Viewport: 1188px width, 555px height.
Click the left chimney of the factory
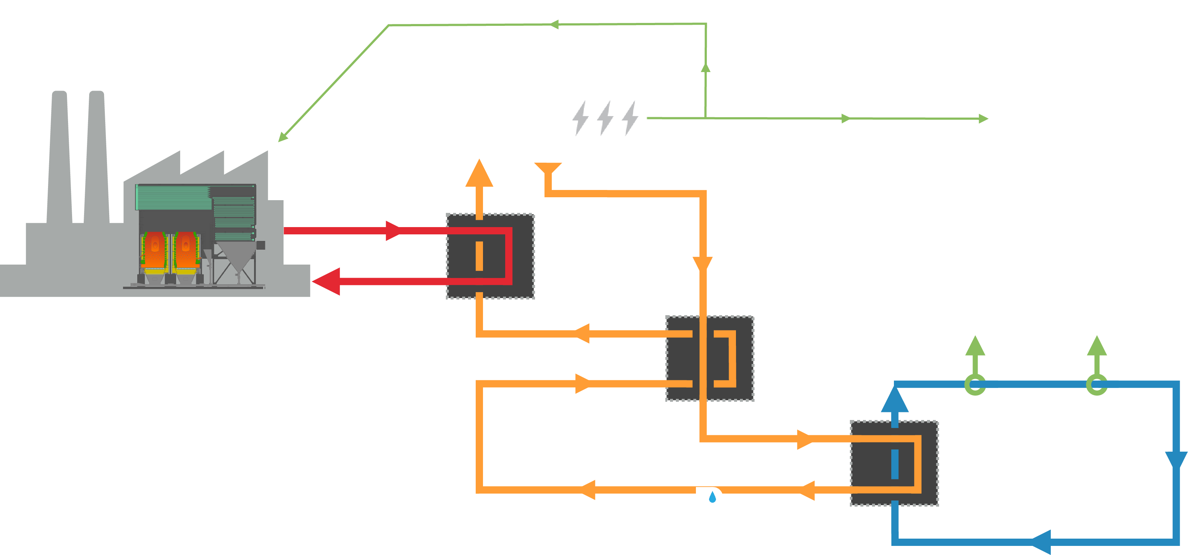[59, 157]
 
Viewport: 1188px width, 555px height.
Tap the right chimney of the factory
[97, 157]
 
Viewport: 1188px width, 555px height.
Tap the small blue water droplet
[713, 497]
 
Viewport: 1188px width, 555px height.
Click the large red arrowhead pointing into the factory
[326, 281]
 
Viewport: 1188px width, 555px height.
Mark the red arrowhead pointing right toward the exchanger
[393, 230]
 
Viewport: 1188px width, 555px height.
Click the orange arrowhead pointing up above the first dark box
[479, 174]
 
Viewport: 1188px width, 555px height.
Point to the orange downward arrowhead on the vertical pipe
[703, 264]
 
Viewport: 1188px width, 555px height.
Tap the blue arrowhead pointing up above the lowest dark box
[895, 400]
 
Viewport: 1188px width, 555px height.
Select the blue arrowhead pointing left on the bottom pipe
[1041, 542]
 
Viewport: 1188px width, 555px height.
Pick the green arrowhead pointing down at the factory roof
[282, 137]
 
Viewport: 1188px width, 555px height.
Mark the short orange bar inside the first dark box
[479, 256]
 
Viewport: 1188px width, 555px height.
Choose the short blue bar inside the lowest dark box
[895, 464]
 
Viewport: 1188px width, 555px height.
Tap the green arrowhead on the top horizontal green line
[554, 24]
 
